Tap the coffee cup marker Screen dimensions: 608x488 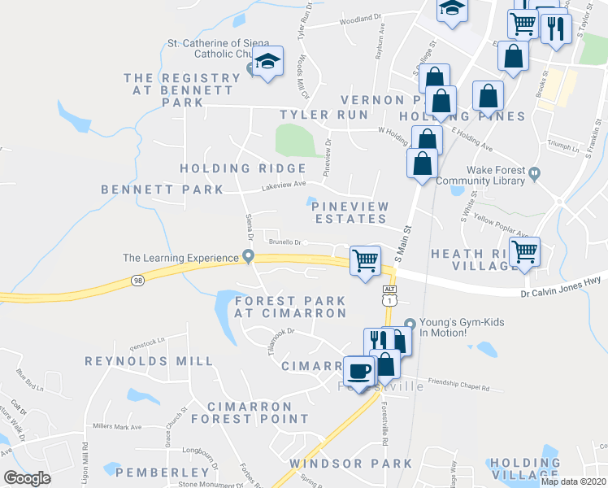coord(359,373)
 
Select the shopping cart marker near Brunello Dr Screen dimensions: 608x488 coord(366,261)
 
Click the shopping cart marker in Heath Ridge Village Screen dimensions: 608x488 coord(525,251)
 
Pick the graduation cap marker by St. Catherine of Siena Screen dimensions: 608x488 coord(267,61)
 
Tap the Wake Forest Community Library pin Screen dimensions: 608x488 coord(535,173)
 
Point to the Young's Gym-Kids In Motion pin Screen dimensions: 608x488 coord(410,323)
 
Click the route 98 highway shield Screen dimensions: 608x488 coord(137,281)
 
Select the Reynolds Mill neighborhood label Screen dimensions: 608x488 coord(150,360)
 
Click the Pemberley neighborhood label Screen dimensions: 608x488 coord(163,472)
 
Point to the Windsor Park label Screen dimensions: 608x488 coord(350,464)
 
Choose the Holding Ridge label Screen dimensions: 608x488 coord(231,168)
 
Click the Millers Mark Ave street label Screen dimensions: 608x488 coord(117,426)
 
